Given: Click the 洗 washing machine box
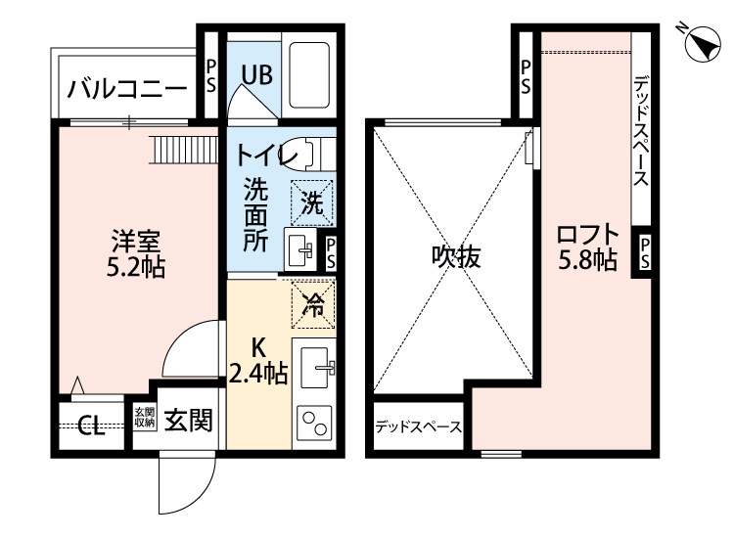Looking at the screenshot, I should [x=312, y=203].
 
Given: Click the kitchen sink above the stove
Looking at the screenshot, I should [x=314, y=369].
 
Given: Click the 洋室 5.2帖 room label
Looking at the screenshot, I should [x=136, y=253].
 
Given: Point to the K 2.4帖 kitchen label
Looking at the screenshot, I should [x=258, y=360].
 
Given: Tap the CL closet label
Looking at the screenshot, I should [x=92, y=426].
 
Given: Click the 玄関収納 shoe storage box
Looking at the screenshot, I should [x=144, y=417].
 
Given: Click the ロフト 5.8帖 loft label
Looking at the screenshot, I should [x=586, y=248].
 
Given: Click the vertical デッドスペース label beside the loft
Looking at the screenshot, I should [x=641, y=133].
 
